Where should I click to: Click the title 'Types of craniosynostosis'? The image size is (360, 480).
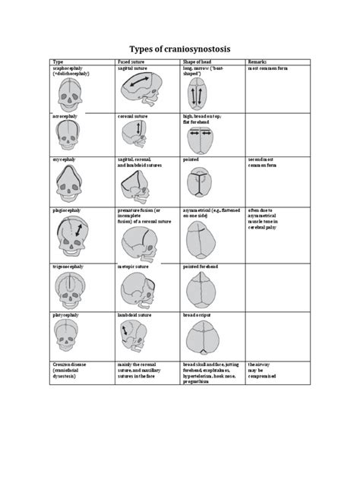click(x=180, y=48)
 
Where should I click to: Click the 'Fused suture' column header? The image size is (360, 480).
click(x=131, y=61)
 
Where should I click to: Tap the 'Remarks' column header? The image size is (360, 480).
click(x=260, y=61)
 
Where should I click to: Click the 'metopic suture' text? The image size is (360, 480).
click(x=134, y=267)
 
